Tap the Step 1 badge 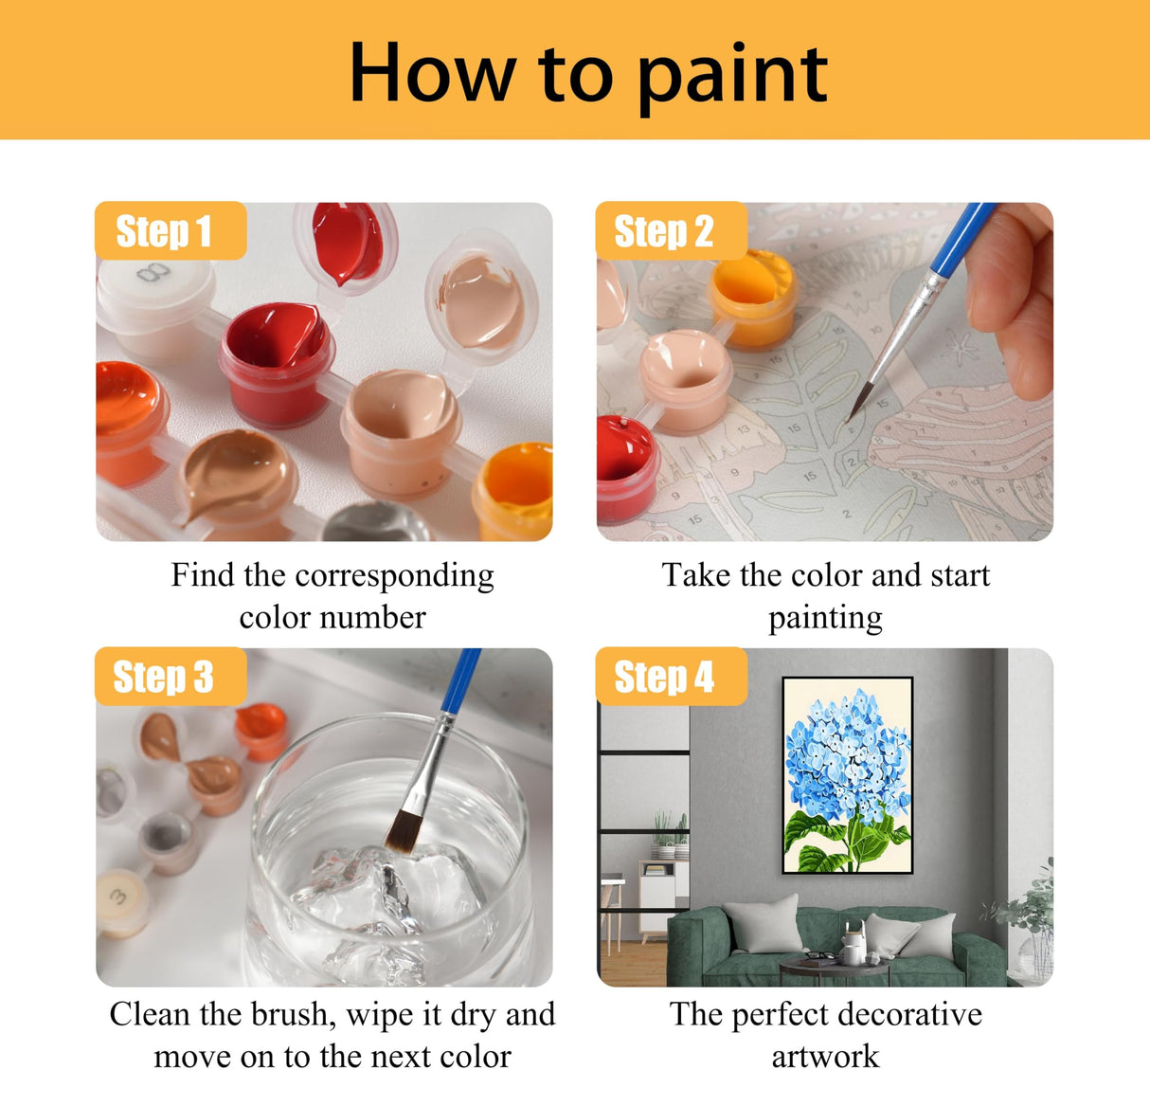(169, 231)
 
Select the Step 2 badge (669, 231)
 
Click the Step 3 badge (169, 677)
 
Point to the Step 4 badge (669, 677)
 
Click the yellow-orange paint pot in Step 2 (753, 296)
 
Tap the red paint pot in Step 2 (623, 464)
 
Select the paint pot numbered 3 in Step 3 (121, 900)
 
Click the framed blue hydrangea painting (848, 774)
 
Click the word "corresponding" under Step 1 (394, 576)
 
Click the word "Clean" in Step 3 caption (149, 1015)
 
